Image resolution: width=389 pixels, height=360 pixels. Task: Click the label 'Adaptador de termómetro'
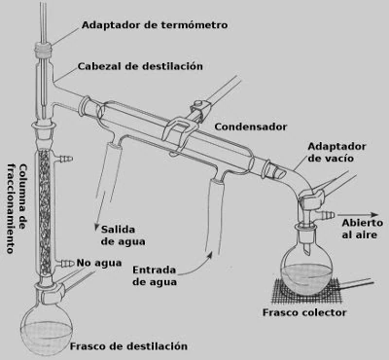[155, 25]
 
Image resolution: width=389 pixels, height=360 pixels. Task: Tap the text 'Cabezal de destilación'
[140, 66]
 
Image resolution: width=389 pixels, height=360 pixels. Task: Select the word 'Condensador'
[251, 126]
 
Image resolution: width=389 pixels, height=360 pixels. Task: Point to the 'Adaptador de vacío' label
[336, 152]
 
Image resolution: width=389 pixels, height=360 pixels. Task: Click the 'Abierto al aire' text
[362, 229]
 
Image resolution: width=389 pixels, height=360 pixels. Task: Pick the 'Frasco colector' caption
[304, 312]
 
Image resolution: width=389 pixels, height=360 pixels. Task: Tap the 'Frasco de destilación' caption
[128, 346]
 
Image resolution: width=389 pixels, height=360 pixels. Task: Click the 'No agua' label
[99, 263]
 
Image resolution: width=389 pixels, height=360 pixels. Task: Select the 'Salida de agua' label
[123, 235]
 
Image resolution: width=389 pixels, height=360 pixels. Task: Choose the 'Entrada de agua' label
[155, 275]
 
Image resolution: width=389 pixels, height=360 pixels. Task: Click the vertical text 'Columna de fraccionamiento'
[17, 208]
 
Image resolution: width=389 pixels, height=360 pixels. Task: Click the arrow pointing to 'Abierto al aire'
[358, 215]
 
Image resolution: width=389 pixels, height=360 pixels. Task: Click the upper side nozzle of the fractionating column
[64, 159]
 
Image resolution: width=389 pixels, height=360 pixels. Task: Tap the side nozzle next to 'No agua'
[65, 263]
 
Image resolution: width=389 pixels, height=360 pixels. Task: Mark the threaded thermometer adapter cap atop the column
[43, 50]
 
